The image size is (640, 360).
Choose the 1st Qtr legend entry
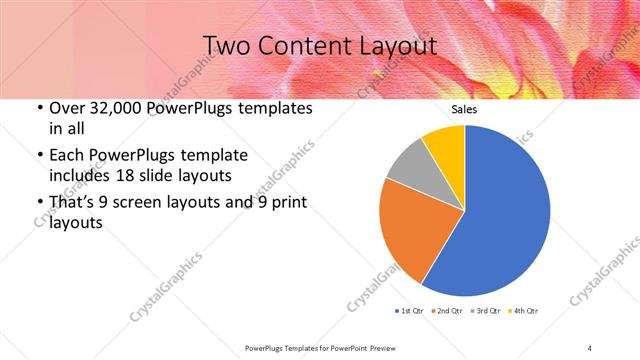[411, 312]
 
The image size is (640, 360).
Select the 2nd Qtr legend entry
[445, 312]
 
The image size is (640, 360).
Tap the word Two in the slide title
[229, 46]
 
